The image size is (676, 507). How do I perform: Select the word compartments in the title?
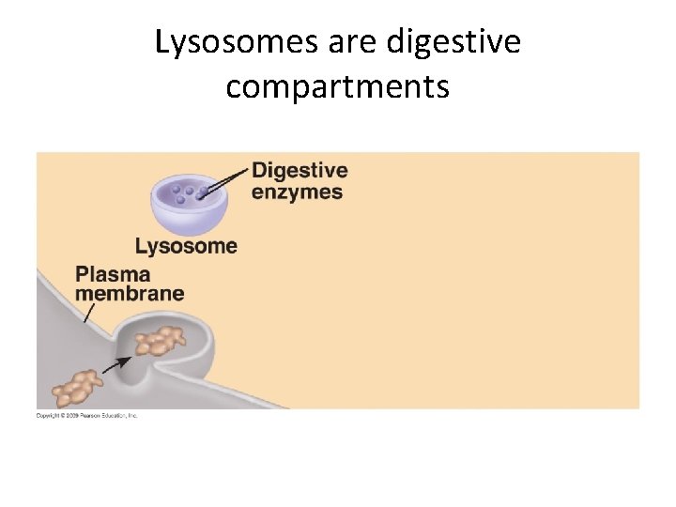point(338,87)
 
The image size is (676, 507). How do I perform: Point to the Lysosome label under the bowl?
point(186,247)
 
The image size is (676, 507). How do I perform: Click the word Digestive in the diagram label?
point(300,171)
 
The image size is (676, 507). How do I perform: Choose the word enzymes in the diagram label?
point(298,192)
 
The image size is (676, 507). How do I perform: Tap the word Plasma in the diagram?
point(113,274)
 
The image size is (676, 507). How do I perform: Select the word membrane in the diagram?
point(130,293)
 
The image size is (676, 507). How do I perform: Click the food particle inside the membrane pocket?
point(160,341)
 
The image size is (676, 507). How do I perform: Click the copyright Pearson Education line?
point(86,415)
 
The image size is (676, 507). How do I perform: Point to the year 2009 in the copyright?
point(66,415)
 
